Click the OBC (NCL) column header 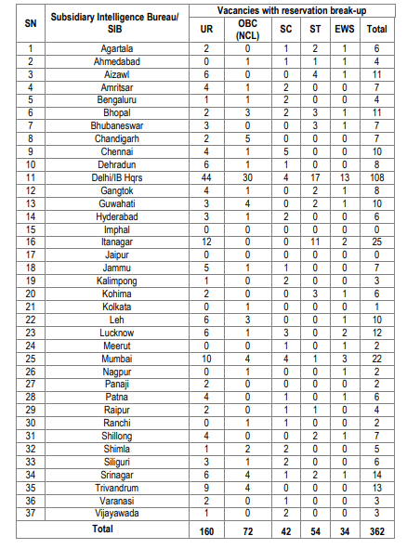[245, 30]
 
